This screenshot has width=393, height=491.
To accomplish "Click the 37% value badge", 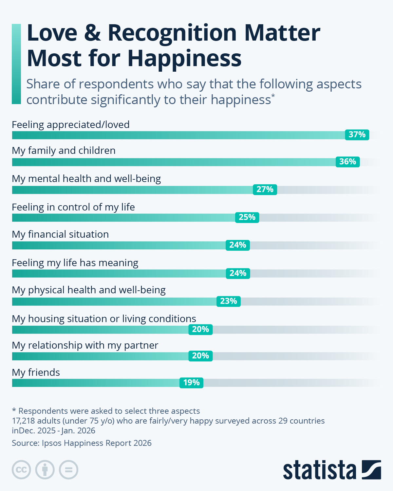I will point(357,135).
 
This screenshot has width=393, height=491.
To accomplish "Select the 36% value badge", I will point(347,162).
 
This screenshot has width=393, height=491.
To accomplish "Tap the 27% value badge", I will point(265,190).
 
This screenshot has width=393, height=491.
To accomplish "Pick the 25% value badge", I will point(247,217).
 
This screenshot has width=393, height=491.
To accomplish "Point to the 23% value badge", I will point(228,301).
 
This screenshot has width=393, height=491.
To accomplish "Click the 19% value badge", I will point(191,383).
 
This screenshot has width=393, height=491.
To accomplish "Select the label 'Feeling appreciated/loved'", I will point(71,125).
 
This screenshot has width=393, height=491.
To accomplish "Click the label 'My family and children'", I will point(64,151).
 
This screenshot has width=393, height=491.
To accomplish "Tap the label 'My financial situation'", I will point(60,234).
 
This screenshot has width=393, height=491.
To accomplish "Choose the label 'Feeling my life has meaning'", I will point(75,263).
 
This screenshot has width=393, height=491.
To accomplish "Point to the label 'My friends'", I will point(36,373).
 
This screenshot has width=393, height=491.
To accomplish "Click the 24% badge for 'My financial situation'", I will point(237,245).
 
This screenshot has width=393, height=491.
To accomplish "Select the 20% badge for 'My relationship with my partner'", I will point(200,356).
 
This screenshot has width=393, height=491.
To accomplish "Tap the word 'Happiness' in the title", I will point(184,58).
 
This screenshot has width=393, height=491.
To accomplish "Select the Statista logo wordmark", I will point(320,470).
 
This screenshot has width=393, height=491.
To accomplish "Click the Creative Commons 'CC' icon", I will point(21,470).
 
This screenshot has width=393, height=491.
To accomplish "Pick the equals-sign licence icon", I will point(68,470).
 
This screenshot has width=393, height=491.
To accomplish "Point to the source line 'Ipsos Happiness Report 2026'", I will point(82,443).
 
